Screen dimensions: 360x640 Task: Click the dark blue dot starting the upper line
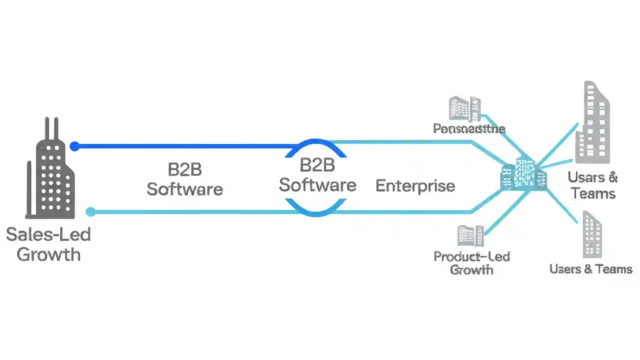[x=74, y=146]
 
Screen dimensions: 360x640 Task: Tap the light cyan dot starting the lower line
[x=90, y=212]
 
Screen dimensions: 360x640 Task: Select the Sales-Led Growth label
[x=48, y=244]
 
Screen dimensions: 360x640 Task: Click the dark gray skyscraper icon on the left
[x=50, y=175]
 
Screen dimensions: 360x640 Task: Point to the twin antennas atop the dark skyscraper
[x=51, y=128]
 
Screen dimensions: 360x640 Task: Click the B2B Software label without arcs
[x=184, y=179]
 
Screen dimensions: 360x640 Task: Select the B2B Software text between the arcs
[x=317, y=174]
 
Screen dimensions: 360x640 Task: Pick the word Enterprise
[x=415, y=186]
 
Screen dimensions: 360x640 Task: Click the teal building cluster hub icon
[x=523, y=175]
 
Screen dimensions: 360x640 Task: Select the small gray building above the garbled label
[x=464, y=109]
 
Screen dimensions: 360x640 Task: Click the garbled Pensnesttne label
[x=468, y=129]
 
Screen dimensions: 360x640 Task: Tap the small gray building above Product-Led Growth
[x=470, y=235]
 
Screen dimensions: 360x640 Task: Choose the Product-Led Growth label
[x=471, y=263]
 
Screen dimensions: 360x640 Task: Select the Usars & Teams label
[x=593, y=184]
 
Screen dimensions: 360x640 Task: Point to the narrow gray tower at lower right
[x=592, y=235]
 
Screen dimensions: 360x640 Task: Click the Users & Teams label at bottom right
[x=590, y=269]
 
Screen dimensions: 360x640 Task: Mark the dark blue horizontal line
[x=185, y=146]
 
